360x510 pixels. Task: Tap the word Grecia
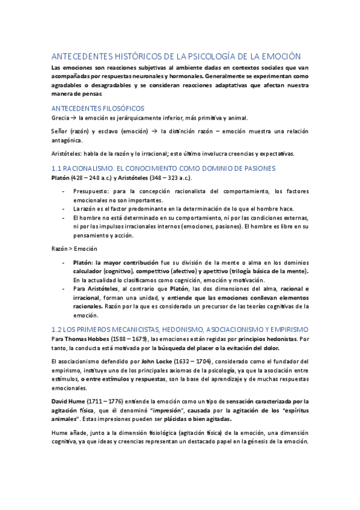[x=61, y=118]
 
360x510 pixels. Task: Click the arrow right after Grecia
[x=74, y=118]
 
